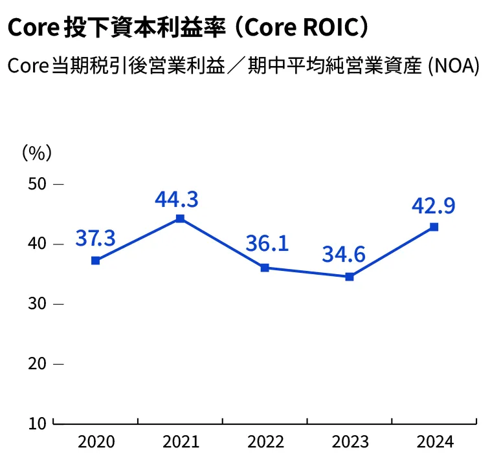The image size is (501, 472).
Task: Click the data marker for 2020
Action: (x=96, y=261)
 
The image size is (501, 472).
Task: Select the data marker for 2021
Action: (x=180, y=219)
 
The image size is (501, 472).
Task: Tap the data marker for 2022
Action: (x=265, y=268)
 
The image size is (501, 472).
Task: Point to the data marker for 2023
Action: (x=350, y=277)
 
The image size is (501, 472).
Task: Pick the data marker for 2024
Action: (x=434, y=227)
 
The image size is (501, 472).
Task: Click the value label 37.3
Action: (x=95, y=238)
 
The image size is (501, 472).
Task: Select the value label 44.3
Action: (x=176, y=199)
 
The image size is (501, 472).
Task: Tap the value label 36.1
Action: (x=267, y=244)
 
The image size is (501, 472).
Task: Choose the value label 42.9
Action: (x=433, y=206)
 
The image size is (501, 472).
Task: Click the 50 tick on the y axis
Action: (x=38, y=184)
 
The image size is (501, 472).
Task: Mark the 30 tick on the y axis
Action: (x=38, y=304)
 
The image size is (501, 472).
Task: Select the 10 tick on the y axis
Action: (x=38, y=424)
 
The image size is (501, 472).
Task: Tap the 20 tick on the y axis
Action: (x=38, y=364)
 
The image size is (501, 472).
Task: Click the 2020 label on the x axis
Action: (x=96, y=442)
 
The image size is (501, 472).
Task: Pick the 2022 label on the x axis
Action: (x=265, y=442)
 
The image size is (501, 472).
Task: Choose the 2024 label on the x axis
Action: (x=435, y=442)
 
